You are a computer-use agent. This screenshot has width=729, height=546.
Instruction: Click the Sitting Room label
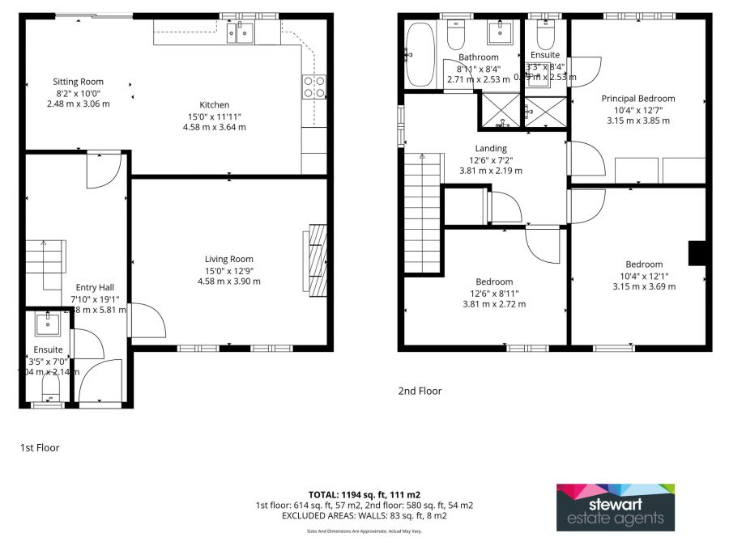(x=79, y=82)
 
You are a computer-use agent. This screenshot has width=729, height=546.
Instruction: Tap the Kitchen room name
(x=215, y=105)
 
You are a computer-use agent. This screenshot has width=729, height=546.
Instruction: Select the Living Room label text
(x=229, y=259)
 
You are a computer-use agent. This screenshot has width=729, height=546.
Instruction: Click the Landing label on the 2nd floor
(x=491, y=149)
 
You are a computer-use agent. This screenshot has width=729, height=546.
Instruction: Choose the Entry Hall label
(x=90, y=287)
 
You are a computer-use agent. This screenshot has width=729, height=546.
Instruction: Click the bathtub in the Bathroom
(x=420, y=54)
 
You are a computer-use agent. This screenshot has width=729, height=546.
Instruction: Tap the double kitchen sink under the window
(x=241, y=32)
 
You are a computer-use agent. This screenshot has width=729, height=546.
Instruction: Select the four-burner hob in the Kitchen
(x=313, y=87)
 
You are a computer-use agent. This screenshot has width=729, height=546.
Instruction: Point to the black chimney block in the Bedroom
(x=697, y=253)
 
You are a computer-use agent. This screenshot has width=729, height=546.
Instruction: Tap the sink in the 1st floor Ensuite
(x=45, y=325)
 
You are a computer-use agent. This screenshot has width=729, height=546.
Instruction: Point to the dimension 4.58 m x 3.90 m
(x=229, y=281)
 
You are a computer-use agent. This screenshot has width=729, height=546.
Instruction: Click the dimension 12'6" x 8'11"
(x=494, y=294)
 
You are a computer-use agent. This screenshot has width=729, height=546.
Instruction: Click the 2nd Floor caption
(x=420, y=391)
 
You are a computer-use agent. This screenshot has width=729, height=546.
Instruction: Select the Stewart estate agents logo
(x=615, y=507)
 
